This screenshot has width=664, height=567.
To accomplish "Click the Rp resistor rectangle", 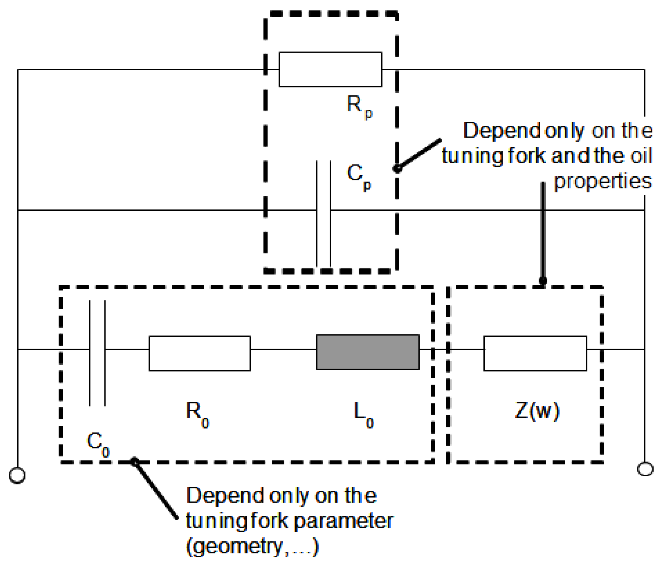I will tap(330, 69).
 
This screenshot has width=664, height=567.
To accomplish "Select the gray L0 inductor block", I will tap(367, 352).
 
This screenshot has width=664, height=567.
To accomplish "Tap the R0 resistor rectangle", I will tap(200, 353).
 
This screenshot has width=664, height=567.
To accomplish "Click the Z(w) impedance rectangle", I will tap(535, 353).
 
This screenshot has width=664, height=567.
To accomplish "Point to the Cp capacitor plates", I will tap(323, 213).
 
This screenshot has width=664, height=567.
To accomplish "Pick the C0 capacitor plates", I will tap(97, 353).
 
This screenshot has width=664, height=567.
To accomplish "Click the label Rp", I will tap(359, 106).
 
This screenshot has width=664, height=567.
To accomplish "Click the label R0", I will tap(198, 414).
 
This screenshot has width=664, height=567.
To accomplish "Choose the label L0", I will tap(363, 414).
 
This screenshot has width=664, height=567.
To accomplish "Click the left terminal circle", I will tap(17, 475).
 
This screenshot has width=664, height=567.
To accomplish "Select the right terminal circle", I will tap(645, 469).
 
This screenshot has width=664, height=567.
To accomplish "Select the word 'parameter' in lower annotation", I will tap(343, 521).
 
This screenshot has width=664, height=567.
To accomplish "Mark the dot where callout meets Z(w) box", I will tap(543, 280).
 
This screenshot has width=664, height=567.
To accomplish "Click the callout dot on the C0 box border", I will tap(134, 461).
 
